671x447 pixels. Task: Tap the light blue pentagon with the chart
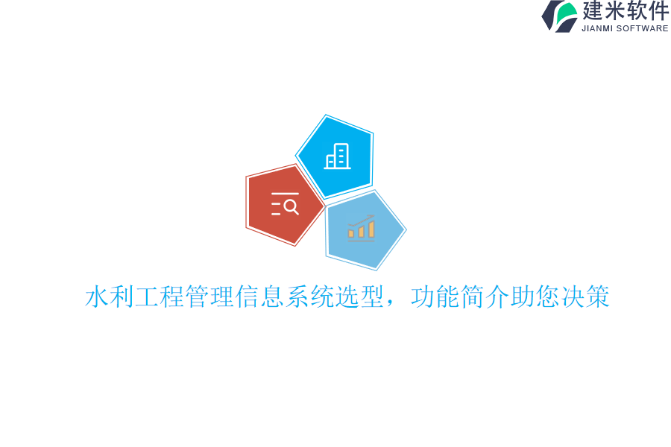[364, 229]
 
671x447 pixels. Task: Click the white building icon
[338, 156]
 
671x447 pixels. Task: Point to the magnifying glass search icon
[286, 204]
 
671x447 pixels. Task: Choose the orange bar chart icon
[362, 227]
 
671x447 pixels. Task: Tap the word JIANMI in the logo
[598, 28]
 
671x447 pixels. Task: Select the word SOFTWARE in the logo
[643, 28]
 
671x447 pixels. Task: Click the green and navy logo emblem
[560, 16]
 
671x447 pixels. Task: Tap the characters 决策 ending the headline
[586, 297]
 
